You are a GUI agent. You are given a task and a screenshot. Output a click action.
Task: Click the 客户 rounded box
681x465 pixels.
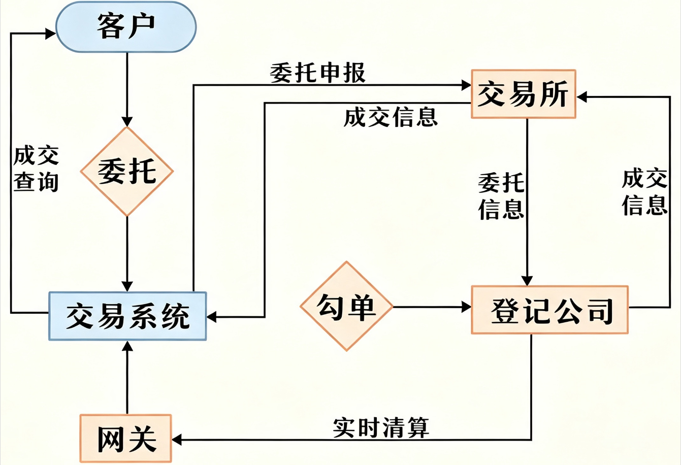[126, 27]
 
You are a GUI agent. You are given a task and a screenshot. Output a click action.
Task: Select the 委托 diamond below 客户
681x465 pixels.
[127, 172]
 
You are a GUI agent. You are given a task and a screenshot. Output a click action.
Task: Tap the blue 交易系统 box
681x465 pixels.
[127, 316]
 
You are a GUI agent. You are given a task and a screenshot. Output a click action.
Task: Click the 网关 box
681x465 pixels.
[126, 439]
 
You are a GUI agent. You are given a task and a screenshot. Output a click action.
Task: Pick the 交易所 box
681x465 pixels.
[524, 94]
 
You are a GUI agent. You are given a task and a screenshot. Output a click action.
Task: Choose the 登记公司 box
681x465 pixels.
[549, 310]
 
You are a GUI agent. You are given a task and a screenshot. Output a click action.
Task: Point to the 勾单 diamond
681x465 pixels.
[346, 306]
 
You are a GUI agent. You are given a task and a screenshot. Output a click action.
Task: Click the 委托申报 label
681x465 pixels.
[318, 73]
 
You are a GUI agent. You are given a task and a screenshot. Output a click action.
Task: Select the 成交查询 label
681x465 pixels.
[36, 169]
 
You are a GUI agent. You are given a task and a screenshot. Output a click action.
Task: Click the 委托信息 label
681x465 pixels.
[501, 196]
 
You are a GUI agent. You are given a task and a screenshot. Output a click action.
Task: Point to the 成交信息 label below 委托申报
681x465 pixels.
[391, 117]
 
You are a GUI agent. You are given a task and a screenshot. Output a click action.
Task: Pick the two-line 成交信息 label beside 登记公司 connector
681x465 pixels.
[644, 192]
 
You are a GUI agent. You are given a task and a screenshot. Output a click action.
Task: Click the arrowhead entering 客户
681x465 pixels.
[50, 34]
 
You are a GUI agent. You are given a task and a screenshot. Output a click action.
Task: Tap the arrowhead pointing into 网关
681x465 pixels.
[177, 440]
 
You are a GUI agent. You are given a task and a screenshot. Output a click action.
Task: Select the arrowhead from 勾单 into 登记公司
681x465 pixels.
[466, 307]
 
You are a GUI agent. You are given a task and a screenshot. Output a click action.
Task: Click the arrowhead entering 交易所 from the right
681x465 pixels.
[581, 97]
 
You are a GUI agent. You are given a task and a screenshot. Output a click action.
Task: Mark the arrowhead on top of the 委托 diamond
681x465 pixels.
[127, 121]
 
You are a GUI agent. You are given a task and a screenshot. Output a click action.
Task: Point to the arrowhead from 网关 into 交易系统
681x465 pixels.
[127, 346]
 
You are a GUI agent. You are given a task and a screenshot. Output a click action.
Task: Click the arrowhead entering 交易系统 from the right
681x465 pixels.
[212, 317]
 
